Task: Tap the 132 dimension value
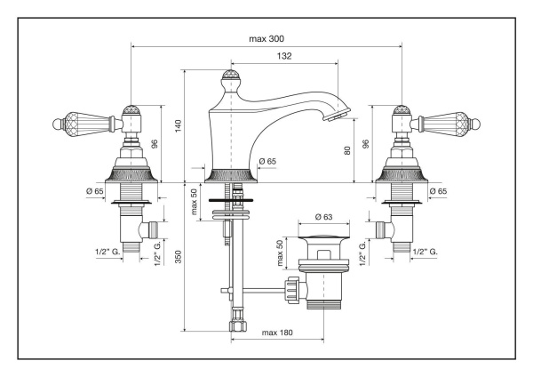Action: click(284, 56)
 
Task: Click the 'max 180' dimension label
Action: click(279, 333)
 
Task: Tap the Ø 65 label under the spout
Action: click(268, 161)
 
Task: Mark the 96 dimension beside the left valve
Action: click(155, 142)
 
